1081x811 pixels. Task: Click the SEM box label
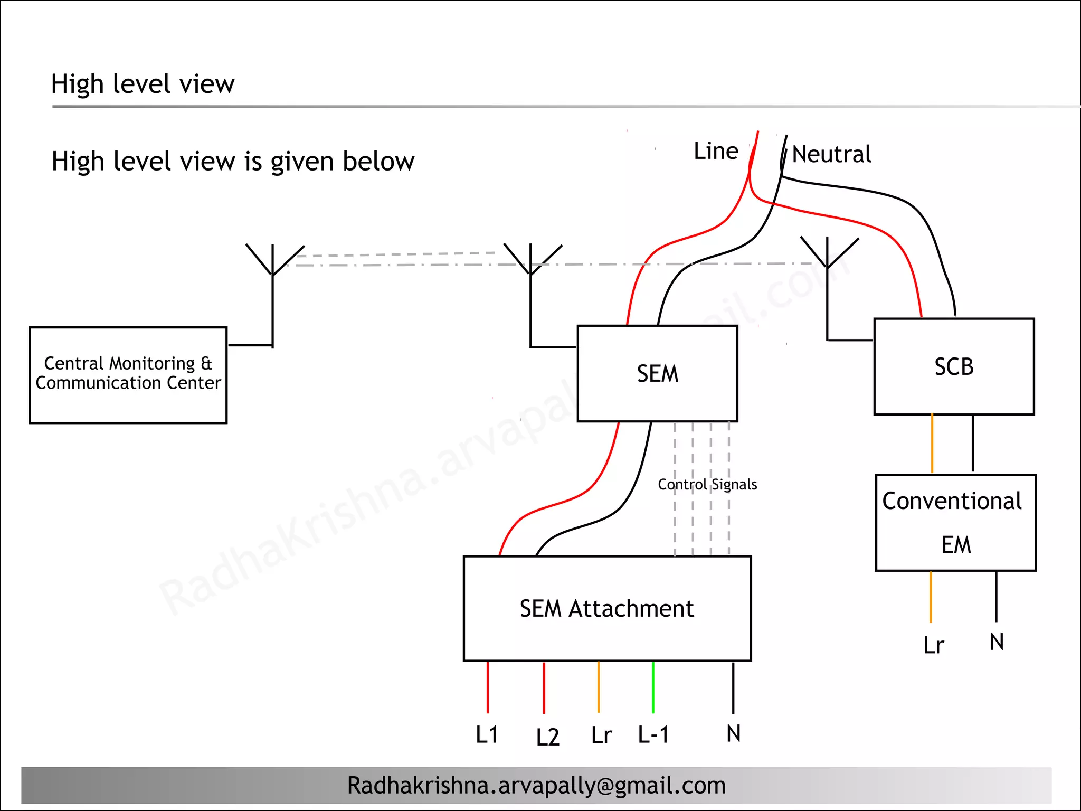(x=657, y=374)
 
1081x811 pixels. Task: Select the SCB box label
(x=953, y=367)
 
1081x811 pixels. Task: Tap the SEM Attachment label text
(x=606, y=609)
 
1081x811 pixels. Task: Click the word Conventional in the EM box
(x=952, y=501)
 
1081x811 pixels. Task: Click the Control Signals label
(x=707, y=484)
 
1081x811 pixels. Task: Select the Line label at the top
(x=715, y=152)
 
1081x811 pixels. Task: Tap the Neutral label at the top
(x=831, y=154)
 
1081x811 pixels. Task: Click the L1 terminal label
(x=487, y=734)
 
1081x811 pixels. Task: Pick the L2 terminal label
(x=547, y=737)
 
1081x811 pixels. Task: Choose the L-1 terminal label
(x=653, y=734)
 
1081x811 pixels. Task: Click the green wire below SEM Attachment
(x=653, y=686)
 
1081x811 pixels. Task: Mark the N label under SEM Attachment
(x=733, y=733)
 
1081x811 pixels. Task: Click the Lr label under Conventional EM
(x=933, y=645)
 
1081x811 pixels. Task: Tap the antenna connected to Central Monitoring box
(x=273, y=264)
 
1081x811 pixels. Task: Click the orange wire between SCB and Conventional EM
(x=932, y=444)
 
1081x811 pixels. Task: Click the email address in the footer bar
(x=536, y=785)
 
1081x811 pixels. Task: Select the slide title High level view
(x=143, y=84)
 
